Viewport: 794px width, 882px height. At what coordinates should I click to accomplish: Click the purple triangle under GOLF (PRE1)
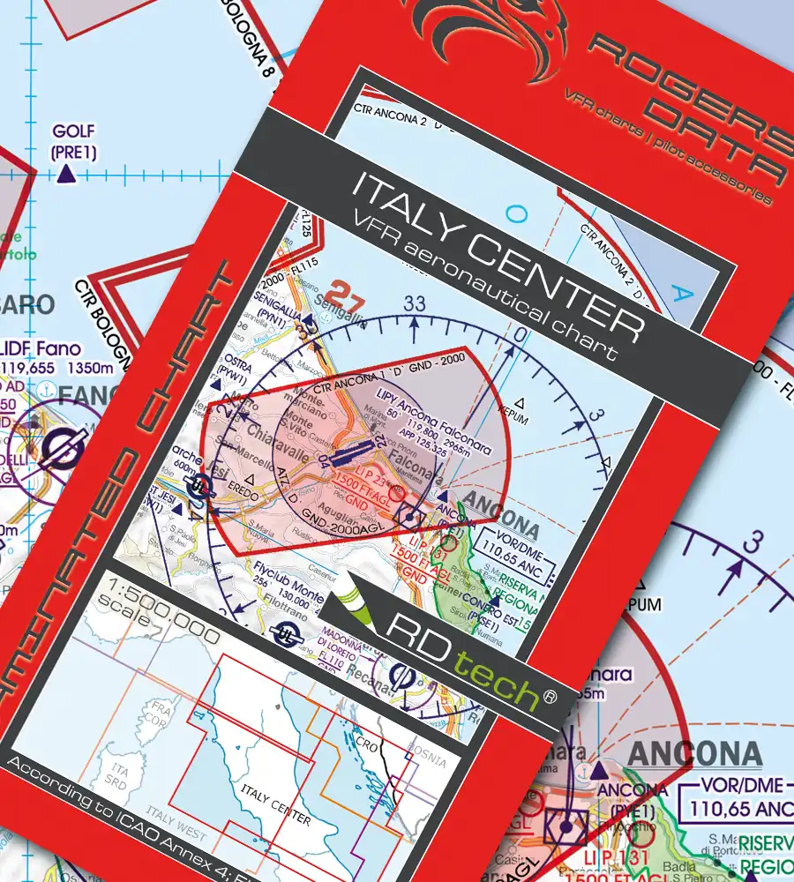point(65,176)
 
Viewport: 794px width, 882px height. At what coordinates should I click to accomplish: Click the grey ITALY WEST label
point(177,834)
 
